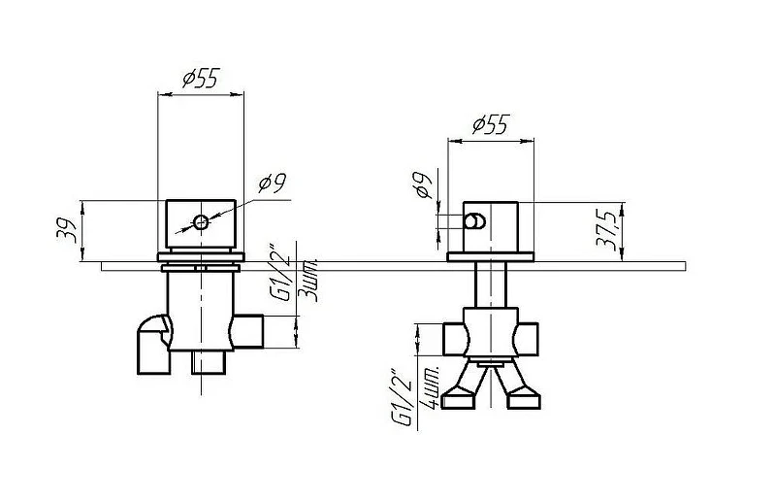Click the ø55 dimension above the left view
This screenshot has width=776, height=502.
[x=201, y=78]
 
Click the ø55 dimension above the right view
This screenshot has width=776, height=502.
[x=491, y=124]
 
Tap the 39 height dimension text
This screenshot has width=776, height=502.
[x=66, y=230]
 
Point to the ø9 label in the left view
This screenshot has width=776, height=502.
[x=273, y=184]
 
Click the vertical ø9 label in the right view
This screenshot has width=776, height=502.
[x=424, y=184]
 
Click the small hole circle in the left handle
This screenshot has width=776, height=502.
[x=201, y=222]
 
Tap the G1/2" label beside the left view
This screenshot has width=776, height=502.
[x=280, y=272]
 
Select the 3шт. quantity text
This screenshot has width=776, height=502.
[x=309, y=281]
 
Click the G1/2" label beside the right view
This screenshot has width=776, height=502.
[x=402, y=397]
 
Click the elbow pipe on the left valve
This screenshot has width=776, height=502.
[x=154, y=345]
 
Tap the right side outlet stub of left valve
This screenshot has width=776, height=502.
[x=248, y=331]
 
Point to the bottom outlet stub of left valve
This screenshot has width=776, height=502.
[x=209, y=362]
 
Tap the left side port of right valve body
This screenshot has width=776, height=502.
[x=455, y=339]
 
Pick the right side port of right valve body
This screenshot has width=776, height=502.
[x=526, y=339]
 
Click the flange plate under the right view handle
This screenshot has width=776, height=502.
[x=491, y=256]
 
